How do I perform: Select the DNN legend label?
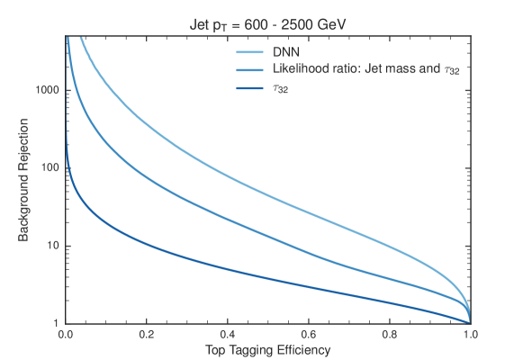(285, 52)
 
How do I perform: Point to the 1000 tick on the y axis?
(47, 91)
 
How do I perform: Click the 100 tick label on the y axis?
(50, 168)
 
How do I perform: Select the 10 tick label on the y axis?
(52, 246)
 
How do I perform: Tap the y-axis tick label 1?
(56, 323)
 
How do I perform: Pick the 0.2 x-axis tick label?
(147, 334)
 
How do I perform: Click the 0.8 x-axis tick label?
(390, 334)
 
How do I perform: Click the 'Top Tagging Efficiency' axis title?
(267, 348)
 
